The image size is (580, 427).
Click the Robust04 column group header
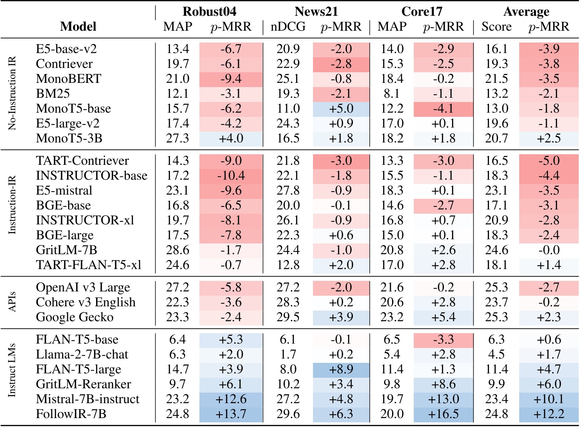209,11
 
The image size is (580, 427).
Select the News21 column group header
316,11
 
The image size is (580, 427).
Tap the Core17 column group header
421,11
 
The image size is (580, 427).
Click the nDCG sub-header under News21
288,27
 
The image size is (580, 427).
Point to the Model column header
78,27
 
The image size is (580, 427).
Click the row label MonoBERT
68,79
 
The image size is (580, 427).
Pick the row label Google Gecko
74,317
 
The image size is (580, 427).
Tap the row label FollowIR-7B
71,414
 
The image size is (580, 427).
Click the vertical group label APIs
12,302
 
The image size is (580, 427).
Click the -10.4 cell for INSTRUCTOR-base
231,176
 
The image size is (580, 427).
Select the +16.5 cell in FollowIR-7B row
443,414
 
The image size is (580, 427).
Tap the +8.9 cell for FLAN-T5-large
341,370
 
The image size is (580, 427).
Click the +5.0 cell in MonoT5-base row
341,109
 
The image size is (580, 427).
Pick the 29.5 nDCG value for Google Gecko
288,317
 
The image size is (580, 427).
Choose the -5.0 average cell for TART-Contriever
549,161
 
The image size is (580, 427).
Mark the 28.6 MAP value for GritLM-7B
178,250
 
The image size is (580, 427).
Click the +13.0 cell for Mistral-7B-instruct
443,399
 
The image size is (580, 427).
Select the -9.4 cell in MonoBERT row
231,79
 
